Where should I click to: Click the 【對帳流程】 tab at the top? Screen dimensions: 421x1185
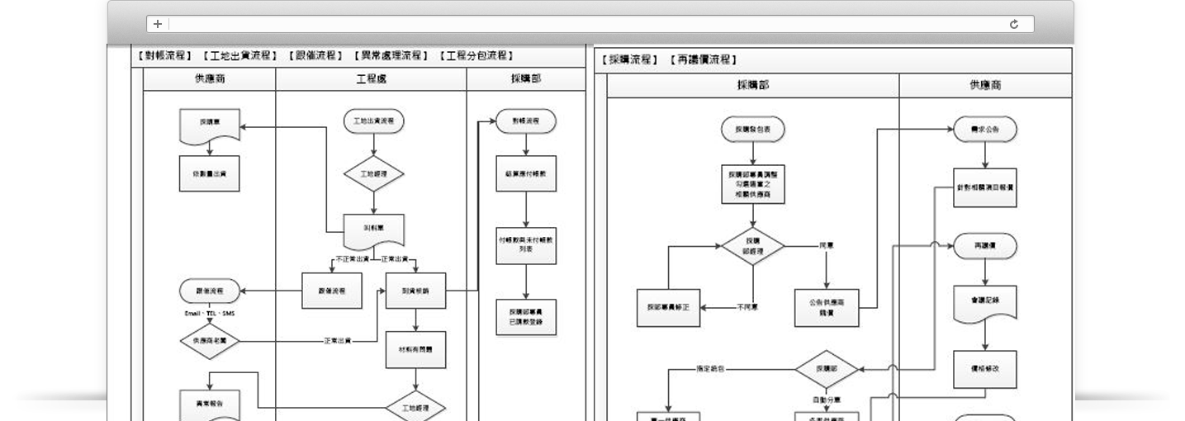163,56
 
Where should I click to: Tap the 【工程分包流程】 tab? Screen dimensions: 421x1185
476,56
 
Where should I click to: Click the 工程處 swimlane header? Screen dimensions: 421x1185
371,79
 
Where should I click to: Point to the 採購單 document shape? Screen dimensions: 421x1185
210,123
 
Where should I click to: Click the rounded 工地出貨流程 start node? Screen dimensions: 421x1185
373,121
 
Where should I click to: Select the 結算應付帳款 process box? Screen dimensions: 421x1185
526,173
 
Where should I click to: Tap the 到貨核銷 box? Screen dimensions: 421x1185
415,291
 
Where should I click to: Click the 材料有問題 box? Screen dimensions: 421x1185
415,349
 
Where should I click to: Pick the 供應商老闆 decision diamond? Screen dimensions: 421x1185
210,341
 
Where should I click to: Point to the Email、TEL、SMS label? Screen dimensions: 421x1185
210,314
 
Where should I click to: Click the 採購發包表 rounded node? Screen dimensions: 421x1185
752,130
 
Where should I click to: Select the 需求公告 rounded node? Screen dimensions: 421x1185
984,130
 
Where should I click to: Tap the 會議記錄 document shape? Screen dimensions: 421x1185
984,303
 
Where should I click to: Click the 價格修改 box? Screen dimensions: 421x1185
984,369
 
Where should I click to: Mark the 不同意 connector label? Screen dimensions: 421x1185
747,307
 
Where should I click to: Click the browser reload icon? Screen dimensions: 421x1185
1014,25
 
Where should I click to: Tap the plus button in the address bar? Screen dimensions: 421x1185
158,25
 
